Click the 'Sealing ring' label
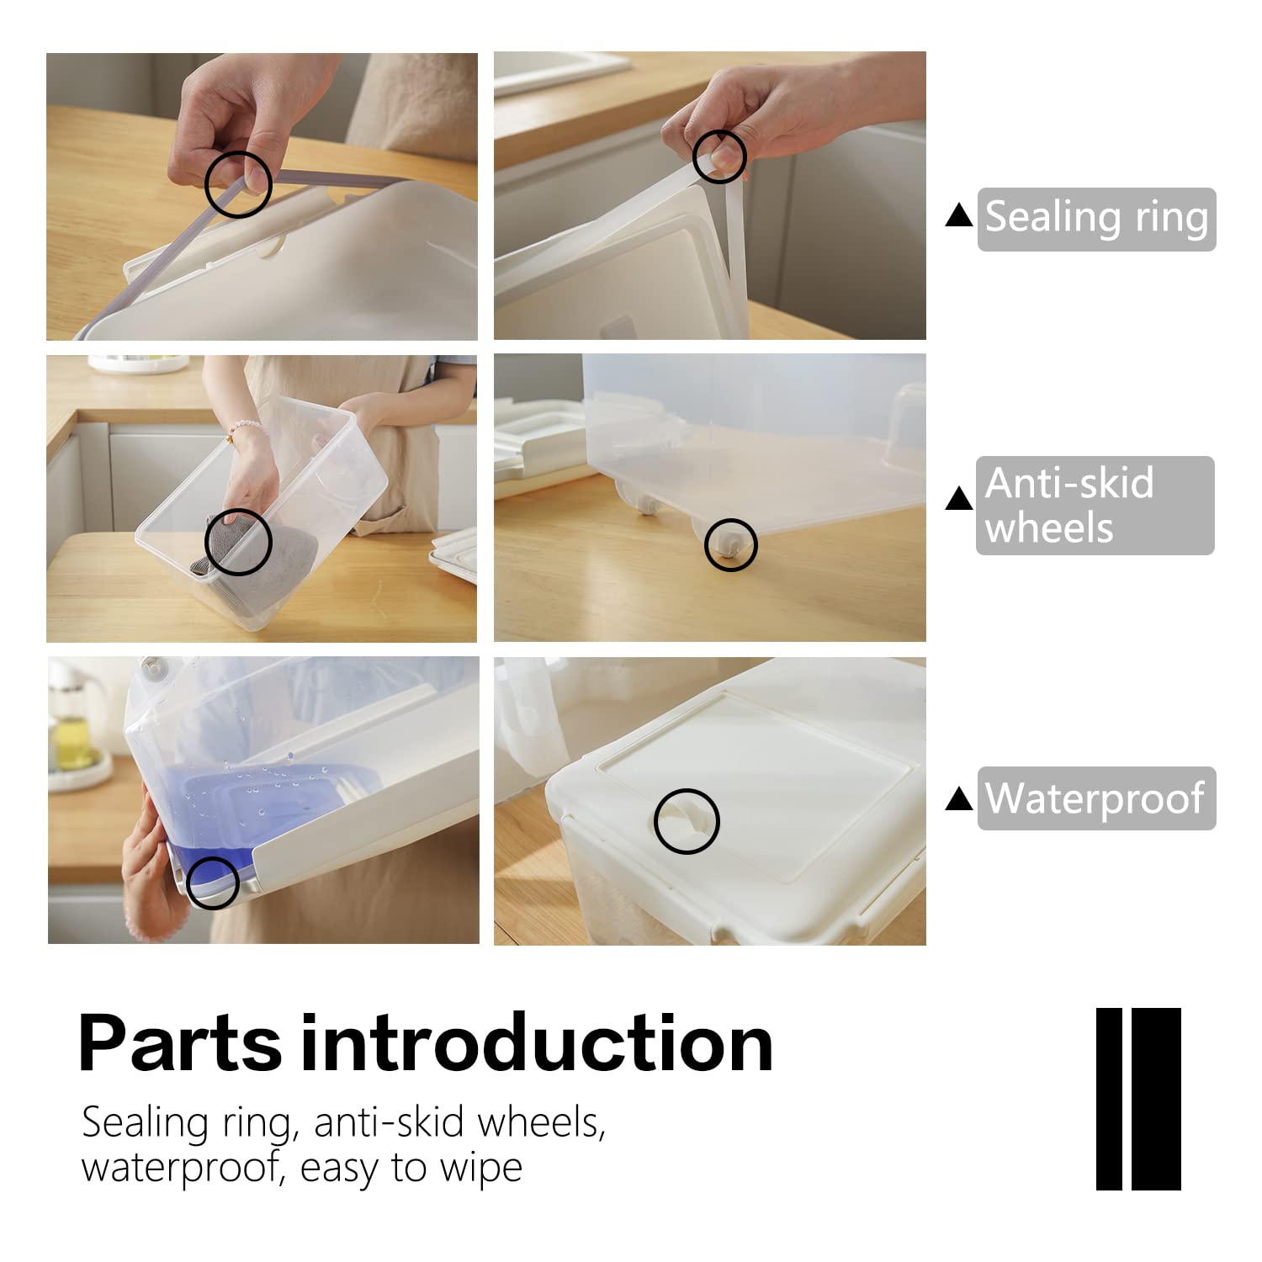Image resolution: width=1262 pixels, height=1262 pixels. (1096, 219)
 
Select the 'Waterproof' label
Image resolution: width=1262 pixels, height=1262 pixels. (1096, 798)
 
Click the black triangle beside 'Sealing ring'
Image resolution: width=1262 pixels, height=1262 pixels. (959, 217)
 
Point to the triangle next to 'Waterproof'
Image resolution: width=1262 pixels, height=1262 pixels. (959, 798)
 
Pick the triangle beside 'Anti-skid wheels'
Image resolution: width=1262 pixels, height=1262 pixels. (959, 499)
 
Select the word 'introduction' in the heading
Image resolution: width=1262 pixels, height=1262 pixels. (537, 1043)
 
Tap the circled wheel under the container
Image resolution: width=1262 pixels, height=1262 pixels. (730, 544)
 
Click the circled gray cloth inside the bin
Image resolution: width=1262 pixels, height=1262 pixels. (237, 541)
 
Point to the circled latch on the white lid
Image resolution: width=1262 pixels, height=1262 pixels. (687, 820)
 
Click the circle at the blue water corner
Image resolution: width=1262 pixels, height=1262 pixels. (212, 883)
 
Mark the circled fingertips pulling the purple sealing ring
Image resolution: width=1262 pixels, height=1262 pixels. (238, 184)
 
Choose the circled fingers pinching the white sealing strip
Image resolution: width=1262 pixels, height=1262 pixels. (719, 156)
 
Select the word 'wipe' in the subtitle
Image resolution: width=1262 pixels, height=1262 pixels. (485, 1168)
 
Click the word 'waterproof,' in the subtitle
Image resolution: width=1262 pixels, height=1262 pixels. (183, 1168)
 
